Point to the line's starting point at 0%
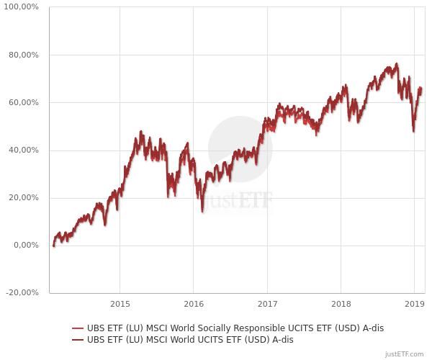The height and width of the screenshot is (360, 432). [53, 246]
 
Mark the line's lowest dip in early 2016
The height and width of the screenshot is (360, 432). [202, 211]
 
